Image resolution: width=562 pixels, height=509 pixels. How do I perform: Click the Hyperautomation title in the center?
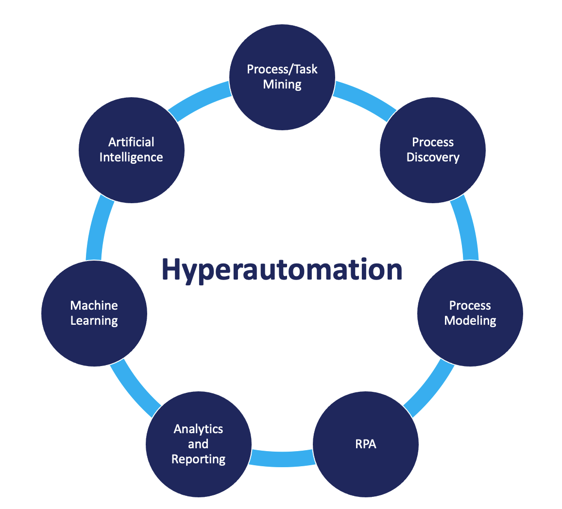point(282,269)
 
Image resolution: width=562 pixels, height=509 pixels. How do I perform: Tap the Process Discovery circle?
point(432,150)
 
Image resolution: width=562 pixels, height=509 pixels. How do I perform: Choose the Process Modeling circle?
point(470,313)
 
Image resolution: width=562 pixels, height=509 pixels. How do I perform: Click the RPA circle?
point(365,444)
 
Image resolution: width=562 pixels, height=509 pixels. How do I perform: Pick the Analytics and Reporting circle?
point(199,444)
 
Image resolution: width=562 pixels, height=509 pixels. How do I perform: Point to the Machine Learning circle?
point(94,313)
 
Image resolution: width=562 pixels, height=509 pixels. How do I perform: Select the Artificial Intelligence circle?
point(131,150)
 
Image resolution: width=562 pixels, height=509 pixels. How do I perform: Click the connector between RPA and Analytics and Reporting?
point(282,457)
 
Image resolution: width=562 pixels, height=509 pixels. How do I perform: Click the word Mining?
point(282,85)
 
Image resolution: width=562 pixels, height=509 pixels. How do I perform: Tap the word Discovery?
point(432,158)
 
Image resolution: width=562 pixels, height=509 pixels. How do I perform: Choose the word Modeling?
point(470,321)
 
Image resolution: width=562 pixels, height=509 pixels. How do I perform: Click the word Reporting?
point(199,459)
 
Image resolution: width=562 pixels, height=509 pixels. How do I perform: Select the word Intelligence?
point(131,158)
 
